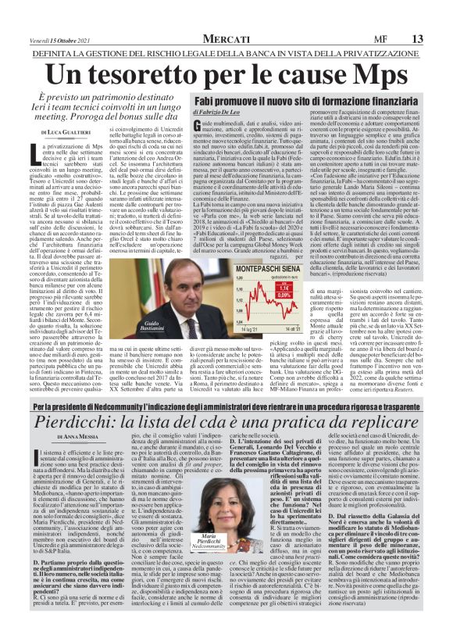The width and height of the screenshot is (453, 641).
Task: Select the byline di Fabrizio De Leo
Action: pyautogui.click(x=198, y=137)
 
